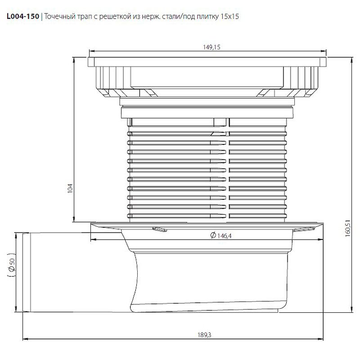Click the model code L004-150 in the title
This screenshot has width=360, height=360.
click(23, 16)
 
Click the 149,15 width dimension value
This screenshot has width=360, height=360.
click(211, 47)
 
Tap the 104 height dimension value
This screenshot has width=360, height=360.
click(70, 188)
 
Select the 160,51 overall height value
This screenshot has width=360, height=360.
click(347, 229)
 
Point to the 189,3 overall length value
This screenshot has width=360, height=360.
click(204, 335)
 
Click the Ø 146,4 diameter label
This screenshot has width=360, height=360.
click(221, 235)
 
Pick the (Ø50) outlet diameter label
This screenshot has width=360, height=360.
click(12, 265)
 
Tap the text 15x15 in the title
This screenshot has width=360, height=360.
click(229, 17)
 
